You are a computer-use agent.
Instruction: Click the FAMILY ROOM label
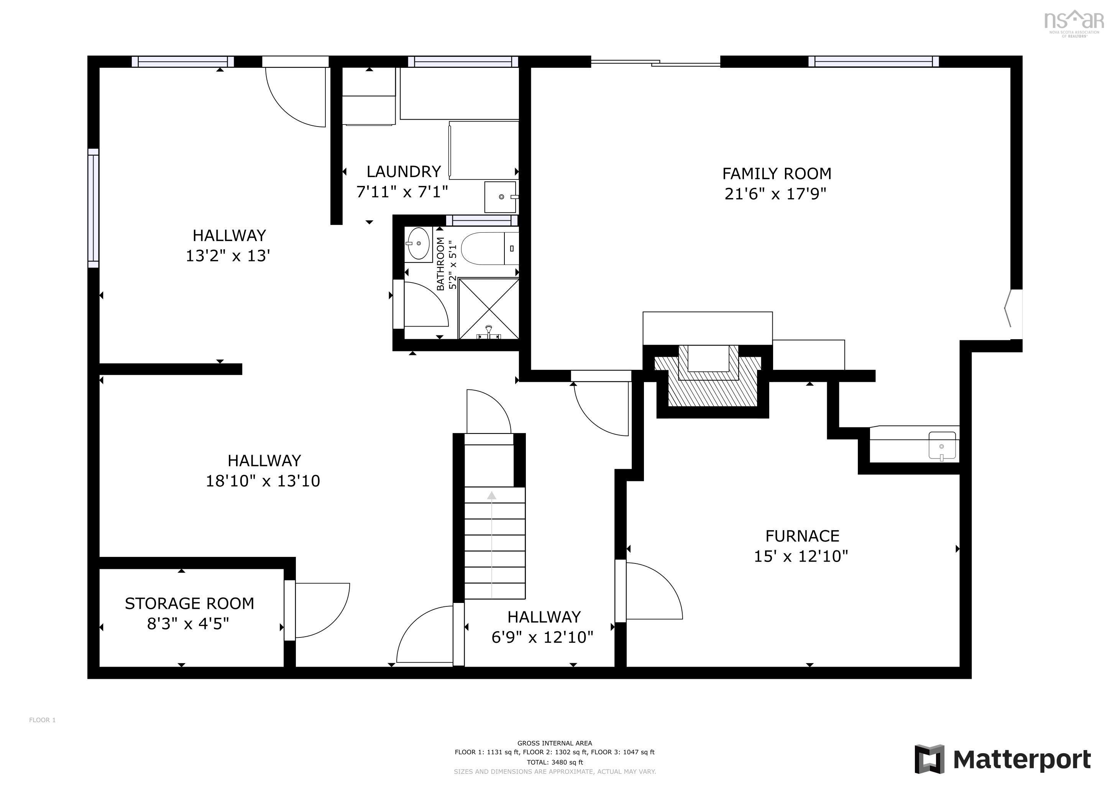pos(777,174)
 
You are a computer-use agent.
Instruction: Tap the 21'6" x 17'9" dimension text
pos(775,194)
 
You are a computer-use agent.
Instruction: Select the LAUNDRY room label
pos(403,172)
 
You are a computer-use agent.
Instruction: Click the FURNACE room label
pos(802,536)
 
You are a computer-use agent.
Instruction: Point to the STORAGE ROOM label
pos(189,604)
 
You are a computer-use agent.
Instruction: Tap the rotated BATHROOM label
pos(440,264)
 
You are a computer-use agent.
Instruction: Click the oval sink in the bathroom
pos(418,244)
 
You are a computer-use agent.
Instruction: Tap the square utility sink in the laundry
pos(500,197)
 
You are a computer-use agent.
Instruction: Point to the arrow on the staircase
pos(492,496)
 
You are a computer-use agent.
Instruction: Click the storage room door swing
pos(322,610)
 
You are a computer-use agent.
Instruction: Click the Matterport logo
pos(1003,759)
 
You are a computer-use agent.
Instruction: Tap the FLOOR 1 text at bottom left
pos(42,720)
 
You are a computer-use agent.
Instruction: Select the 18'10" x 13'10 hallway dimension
pos(263,481)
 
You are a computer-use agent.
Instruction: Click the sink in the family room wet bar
pos(942,446)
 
